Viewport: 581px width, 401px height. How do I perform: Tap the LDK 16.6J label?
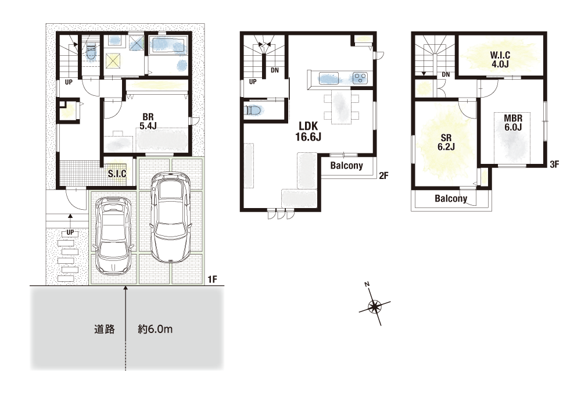(308, 132)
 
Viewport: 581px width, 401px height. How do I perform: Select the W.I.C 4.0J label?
(500, 60)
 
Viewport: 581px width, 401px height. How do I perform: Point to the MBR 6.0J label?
(513, 123)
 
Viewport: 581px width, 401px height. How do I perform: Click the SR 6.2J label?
(446, 143)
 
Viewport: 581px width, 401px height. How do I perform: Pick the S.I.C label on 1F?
(117, 173)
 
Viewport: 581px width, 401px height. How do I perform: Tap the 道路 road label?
(104, 329)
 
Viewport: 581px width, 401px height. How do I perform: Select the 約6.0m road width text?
(155, 329)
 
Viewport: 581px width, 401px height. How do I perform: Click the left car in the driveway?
(113, 235)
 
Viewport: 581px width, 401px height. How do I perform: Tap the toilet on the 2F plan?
(253, 110)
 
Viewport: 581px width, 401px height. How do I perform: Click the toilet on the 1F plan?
(91, 52)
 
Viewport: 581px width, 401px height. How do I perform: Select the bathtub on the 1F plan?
(168, 45)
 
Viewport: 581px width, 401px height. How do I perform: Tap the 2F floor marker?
(384, 176)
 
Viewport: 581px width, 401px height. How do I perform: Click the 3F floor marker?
(554, 164)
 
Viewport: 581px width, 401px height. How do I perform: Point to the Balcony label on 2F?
(346, 166)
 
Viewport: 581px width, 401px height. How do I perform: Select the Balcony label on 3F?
(451, 199)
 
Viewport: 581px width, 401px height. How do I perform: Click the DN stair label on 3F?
(446, 74)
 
